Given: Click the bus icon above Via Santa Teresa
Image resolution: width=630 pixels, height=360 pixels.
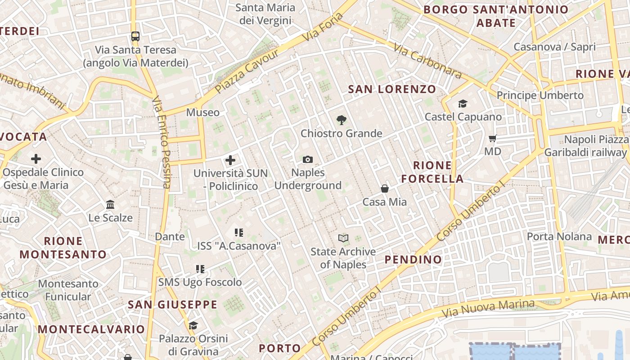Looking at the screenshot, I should pos(135,36).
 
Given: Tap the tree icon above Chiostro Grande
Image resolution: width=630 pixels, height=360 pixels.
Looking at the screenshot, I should pos(342,120).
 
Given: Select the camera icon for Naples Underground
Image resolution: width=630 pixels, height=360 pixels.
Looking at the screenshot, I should pos(308,159).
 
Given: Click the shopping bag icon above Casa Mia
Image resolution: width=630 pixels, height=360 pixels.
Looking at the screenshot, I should pos(385,188).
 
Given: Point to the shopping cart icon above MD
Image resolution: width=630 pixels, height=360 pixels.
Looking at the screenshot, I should pos(493,138).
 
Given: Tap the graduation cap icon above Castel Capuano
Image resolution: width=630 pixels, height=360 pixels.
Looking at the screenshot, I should pos(463,104).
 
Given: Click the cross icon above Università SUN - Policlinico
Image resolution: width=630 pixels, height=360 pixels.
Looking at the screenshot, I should pos(230,160).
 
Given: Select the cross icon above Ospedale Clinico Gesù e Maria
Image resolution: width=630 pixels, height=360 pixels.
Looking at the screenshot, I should pos(36,158).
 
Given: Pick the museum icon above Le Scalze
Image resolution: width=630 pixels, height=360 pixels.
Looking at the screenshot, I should pos(110,205).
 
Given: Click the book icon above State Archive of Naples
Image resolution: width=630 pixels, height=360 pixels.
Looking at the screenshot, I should pos(343,238).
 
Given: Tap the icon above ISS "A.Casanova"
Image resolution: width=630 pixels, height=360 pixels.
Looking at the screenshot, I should pos(239,232).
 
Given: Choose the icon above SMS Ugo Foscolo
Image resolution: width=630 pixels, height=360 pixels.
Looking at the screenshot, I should pos(200,269).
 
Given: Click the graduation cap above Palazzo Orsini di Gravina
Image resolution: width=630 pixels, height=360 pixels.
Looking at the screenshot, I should pos(193,325).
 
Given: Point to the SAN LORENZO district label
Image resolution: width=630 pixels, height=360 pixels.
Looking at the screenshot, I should pos(392,89).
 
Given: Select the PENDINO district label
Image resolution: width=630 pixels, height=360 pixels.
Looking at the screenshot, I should pos(413,259).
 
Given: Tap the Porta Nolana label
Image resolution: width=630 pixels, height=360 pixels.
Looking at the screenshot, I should pos(559,236).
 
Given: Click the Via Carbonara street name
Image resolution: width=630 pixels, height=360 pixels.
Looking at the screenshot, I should pos(427,61).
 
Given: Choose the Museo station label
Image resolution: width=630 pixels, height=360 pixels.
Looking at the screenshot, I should pos(203,112).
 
